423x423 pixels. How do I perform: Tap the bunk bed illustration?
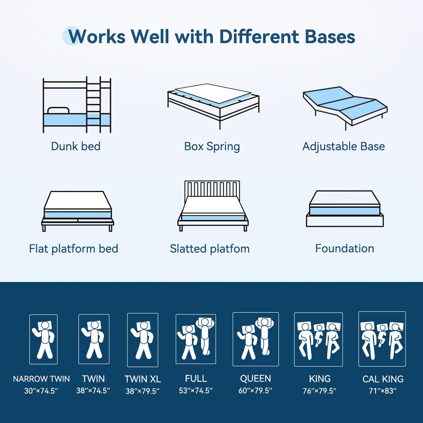(x=77, y=105)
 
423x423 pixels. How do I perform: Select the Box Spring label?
(x=212, y=146)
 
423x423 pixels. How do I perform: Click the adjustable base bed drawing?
(x=345, y=106)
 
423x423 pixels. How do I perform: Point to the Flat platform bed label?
(x=74, y=249)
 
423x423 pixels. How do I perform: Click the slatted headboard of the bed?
(x=212, y=188)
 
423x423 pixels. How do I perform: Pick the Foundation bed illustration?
(x=345, y=209)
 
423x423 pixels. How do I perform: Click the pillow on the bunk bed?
(x=58, y=110)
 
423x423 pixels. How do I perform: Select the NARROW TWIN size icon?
(x=44, y=339)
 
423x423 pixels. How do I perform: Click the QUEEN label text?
(x=255, y=378)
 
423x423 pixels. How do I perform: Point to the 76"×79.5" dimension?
(x=319, y=391)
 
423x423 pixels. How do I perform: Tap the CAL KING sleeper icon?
(x=382, y=339)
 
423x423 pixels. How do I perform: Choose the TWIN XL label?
(x=143, y=379)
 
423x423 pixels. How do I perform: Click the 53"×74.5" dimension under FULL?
(x=195, y=391)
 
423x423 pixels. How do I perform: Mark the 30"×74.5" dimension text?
(x=41, y=391)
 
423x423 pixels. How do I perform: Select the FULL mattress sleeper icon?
(x=196, y=339)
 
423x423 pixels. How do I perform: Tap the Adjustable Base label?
(x=344, y=146)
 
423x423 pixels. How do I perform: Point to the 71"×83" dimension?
(x=383, y=391)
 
